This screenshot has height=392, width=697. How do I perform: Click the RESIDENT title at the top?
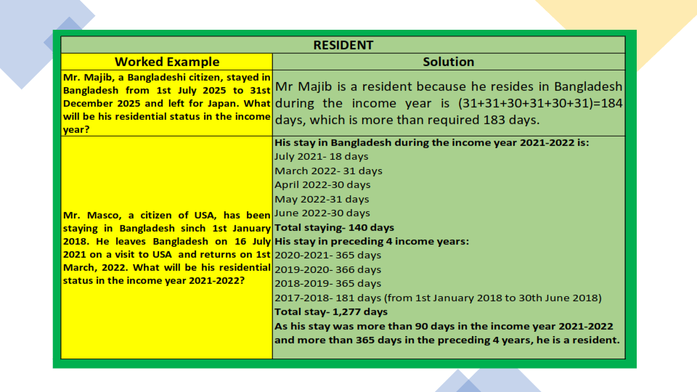point(343,45)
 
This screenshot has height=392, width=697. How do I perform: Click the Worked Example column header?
point(167,62)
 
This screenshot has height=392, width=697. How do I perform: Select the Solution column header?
point(448,62)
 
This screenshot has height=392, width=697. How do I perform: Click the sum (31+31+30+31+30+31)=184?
point(540,103)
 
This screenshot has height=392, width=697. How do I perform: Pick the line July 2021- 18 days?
point(322,157)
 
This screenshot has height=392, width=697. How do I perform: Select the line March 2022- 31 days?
point(328,171)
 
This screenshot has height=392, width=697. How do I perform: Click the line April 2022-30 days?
point(322,185)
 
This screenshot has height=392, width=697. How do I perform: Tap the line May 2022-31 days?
point(322,199)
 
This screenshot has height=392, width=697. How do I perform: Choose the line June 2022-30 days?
point(322,213)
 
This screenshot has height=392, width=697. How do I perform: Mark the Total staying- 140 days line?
point(334,227)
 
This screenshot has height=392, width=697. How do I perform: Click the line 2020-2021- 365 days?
point(328,255)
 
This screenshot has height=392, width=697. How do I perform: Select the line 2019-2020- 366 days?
point(328,269)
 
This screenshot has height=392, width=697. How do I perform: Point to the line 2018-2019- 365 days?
point(328,284)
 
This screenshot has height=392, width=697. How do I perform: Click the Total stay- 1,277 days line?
point(331,312)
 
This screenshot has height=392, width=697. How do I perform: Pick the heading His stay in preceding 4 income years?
point(372,241)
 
